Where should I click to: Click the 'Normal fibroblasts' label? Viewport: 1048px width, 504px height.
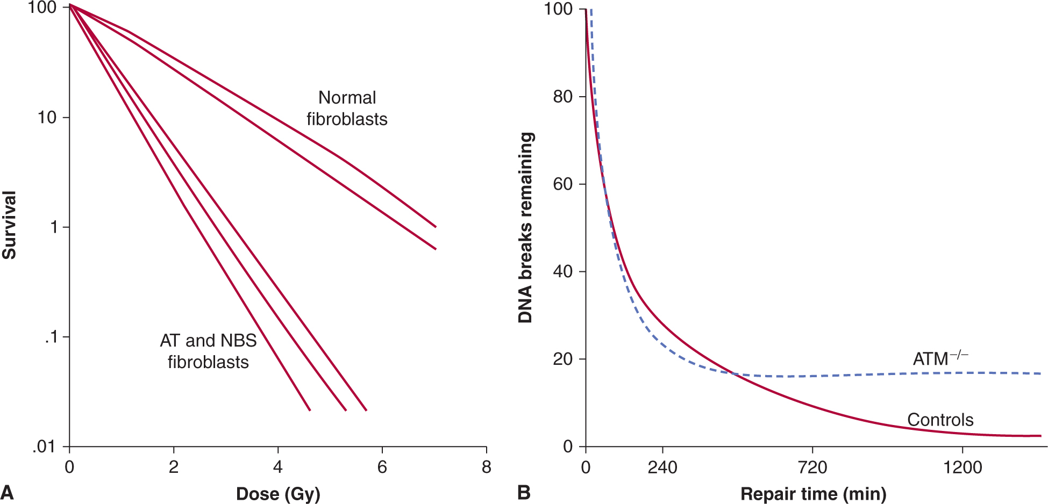point(347,108)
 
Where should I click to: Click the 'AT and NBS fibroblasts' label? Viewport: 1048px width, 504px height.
point(208,351)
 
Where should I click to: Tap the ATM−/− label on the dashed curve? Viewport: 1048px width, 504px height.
point(940,358)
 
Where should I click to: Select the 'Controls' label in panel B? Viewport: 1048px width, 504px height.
point(940,420)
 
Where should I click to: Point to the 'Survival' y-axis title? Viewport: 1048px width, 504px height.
point(9,225)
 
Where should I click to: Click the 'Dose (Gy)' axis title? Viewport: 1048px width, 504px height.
point(278,494)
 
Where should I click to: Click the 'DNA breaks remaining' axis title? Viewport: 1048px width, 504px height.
point(525,227)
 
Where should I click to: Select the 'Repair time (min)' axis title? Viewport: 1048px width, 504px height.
point(813,494)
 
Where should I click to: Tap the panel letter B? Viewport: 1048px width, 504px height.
point(524,492)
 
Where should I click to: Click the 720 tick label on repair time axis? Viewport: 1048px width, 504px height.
point(812,467)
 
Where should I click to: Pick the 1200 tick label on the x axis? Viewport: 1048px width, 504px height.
point(963,467)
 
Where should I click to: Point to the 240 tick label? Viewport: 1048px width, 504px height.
point(662,467)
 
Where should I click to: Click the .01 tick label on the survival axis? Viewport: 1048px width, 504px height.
point(45,447)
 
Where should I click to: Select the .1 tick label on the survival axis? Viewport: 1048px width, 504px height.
point(51,337)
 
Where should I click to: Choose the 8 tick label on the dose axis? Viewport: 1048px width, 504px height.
point(487,467)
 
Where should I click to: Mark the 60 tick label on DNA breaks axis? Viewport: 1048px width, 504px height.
point(562,184)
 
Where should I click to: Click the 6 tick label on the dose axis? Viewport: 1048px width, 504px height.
point(382,467)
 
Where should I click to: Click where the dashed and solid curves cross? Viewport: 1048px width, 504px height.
point(734,373)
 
